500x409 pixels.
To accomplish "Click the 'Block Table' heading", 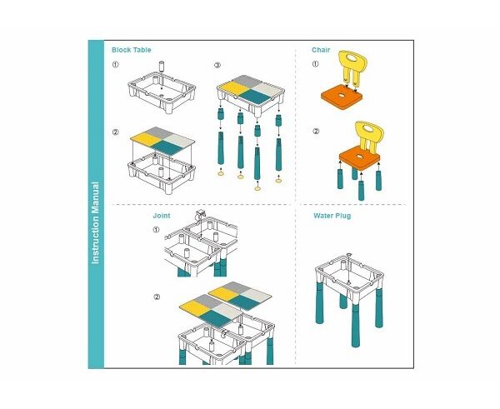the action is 132,50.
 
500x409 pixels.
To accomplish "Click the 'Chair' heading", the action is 321,50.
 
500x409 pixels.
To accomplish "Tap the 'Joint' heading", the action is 162,216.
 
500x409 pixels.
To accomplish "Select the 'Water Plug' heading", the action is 332,216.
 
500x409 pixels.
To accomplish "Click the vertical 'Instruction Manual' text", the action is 95,223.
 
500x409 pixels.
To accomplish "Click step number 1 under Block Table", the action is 116,64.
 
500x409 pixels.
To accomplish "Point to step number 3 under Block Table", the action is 217,65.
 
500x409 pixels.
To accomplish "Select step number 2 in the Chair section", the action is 316,132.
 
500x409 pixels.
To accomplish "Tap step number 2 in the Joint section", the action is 157,297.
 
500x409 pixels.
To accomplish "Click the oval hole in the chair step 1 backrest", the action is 352,58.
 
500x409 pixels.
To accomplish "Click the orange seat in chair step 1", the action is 342,97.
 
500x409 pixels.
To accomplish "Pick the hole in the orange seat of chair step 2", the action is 360,157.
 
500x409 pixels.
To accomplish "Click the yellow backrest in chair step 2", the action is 369,135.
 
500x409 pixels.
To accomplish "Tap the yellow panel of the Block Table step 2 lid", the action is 146,138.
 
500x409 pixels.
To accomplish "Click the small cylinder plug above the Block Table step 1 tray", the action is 162,67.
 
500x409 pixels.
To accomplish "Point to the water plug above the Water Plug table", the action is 349,254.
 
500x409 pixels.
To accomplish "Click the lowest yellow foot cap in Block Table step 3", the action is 257,189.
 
